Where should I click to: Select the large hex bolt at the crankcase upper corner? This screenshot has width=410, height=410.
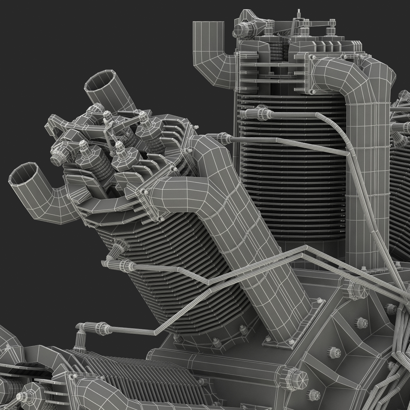350,289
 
